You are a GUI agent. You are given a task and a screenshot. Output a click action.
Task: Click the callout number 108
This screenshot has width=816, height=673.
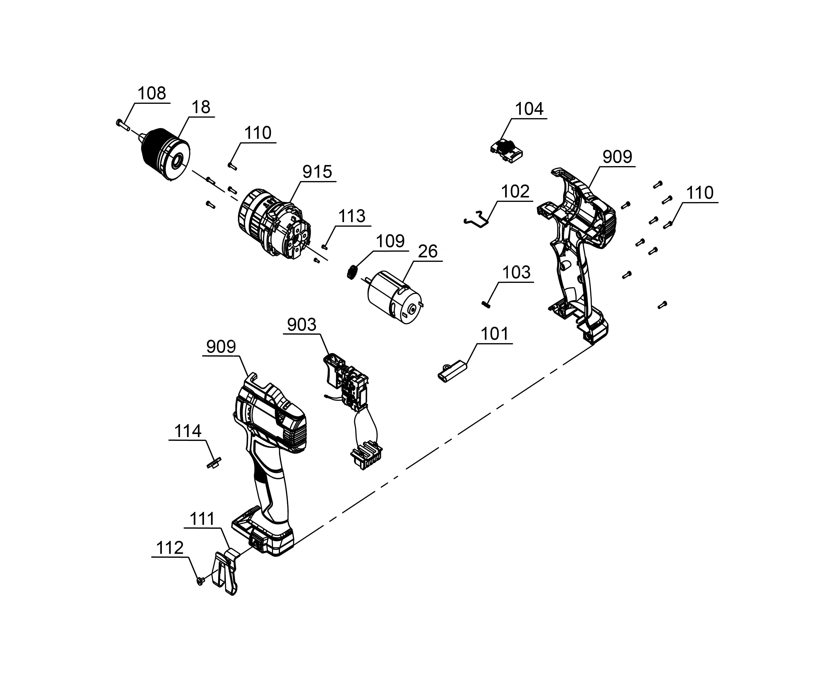152,93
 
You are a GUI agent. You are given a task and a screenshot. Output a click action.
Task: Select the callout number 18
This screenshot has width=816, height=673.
201,107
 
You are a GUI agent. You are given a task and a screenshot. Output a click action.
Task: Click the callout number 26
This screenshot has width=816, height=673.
428,252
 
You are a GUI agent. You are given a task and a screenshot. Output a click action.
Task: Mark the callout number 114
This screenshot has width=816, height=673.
188,431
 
